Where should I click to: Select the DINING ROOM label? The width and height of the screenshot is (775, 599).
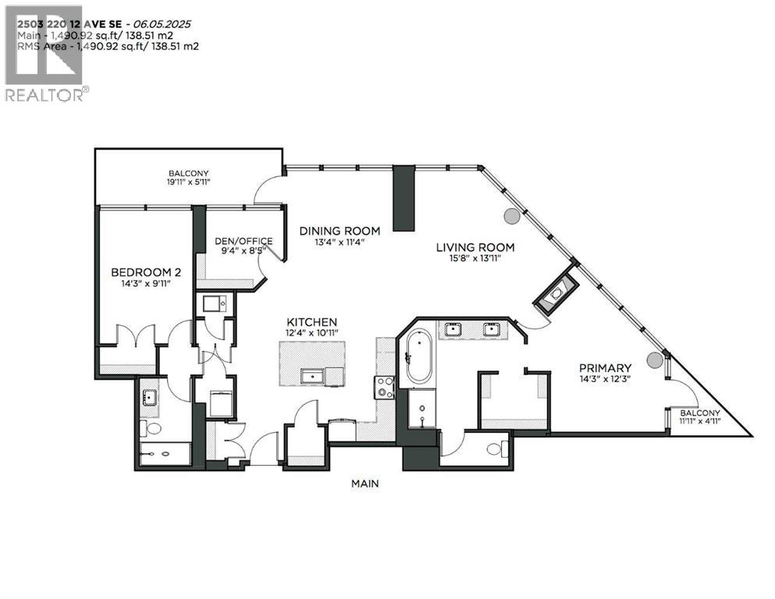pyautogui.click(x=340, y=231)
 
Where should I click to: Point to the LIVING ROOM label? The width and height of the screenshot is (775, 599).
pyautogui.click(x=475, y=248)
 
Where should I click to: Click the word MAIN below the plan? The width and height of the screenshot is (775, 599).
pyautogui.click(x=364, y=484)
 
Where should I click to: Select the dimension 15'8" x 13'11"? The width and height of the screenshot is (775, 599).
pyautogui.click(x=475, y=260)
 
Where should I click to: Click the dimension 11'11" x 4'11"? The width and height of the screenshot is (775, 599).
pyautogui.click(x=699, y=422)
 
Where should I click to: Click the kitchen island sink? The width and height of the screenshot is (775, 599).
pyautogui.click(x=312, y=377)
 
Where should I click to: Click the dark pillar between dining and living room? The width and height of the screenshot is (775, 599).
pyautogui.click(x=403, y=199)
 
